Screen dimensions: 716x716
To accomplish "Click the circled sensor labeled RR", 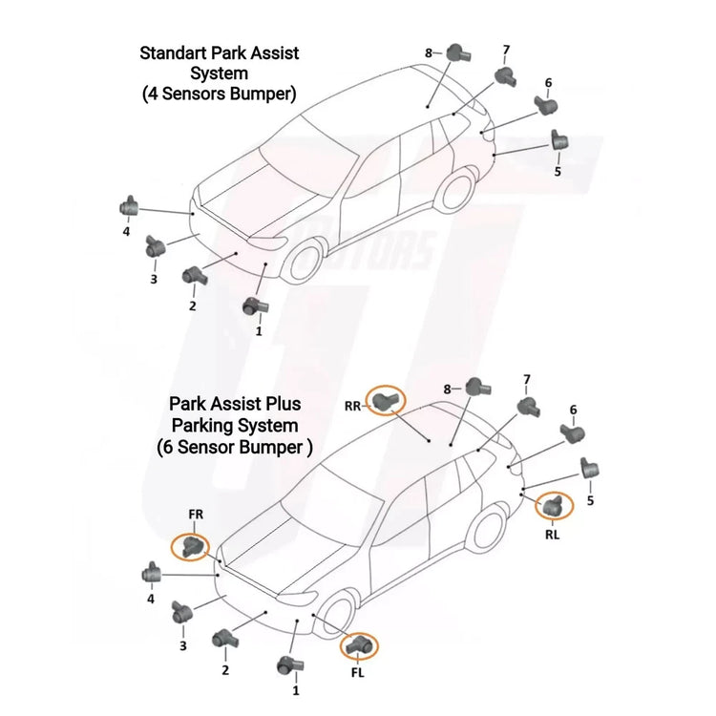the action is click(x=385, y=400).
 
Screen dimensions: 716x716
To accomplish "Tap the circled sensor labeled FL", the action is click(x=359, y=644).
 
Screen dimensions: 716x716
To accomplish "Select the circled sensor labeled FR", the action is click(x=191, y=546).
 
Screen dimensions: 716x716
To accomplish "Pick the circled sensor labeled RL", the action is click(x=553, y=505).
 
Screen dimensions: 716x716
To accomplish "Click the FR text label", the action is click(x=196, y=515).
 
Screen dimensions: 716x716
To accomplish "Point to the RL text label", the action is click(x=552, y=534).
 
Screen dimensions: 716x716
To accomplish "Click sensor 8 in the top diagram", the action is click(x=458, y=53).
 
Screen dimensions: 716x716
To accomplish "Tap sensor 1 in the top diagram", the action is click(x=255, y=305).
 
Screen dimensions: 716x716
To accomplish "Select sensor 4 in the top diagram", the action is click(x=129, y=207).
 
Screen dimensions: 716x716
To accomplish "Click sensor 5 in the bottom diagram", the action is click(x=590, y=468).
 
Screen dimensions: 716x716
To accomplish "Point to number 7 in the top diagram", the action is click(x=506, y=50).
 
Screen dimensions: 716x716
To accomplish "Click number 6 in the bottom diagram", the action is click(x=573, y=410).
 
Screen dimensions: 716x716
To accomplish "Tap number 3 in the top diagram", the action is click(x=154, y=279).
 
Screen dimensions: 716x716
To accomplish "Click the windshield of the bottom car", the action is click(x=331, y=501).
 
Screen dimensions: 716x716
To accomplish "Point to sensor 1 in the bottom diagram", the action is click(x=290, y=666).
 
